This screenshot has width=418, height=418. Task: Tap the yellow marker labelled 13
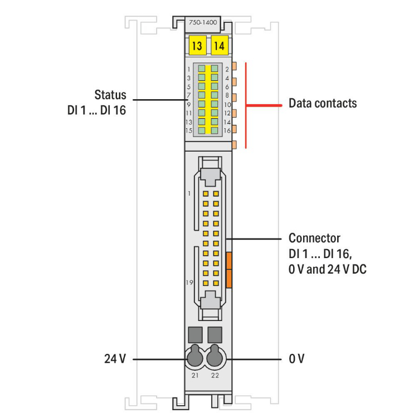coord(197,46)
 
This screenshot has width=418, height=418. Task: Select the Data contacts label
coord(323,104)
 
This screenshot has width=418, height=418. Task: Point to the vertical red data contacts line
coord(246,106)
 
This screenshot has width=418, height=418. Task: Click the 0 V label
coord(297,358)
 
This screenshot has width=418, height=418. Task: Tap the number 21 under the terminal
coord(195,376)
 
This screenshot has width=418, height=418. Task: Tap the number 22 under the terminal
coord(216,376)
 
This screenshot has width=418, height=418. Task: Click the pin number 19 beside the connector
coord(189,283)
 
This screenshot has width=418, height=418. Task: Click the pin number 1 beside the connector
coord(189,193)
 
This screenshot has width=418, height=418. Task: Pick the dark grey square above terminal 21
coord(195,334)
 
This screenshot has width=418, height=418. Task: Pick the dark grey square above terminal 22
coord(215,334)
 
